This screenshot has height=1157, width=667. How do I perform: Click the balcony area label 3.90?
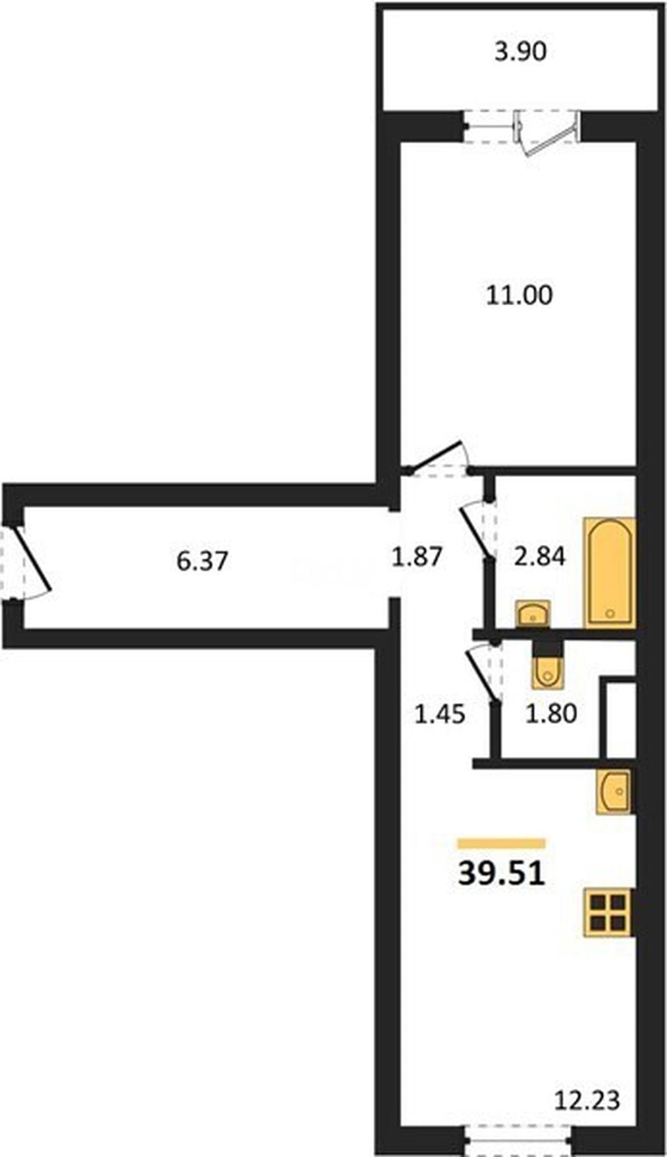click(520, 51)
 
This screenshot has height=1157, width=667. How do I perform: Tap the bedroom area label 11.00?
click(519, 295)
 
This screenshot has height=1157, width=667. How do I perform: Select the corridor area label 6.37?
click(203, 560)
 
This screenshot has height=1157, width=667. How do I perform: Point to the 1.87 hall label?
click(417, 556)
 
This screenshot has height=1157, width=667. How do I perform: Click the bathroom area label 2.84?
click(539, 556)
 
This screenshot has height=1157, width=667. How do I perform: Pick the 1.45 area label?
click(440, 714)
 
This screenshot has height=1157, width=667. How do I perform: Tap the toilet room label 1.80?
click(551, 714)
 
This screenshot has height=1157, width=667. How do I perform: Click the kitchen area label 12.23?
click(587, 1100)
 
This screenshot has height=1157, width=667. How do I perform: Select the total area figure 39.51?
click(501, 874)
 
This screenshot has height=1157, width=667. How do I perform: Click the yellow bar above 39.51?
click(501, 844)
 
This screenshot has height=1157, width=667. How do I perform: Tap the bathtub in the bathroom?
click(610, 573)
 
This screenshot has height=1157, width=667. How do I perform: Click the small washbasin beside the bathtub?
click(533, 614)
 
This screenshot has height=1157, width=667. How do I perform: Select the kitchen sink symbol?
click(614, 791)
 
